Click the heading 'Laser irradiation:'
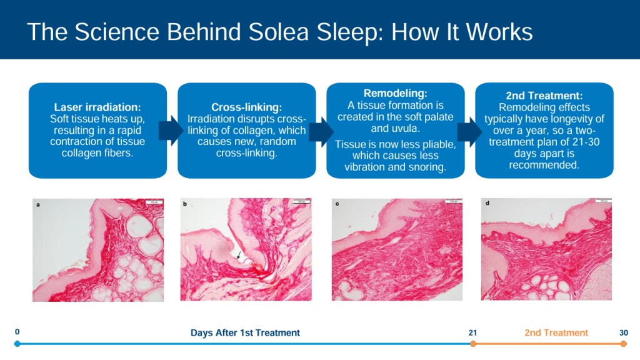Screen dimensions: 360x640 (x=97, y=107)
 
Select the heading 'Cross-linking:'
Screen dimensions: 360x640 (x=246, y=107)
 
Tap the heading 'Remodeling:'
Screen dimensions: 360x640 (x=395, y=93)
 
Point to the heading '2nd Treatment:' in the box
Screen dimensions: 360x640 (x=544, y=96)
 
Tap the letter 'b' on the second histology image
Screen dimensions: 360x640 (x=185, y=204)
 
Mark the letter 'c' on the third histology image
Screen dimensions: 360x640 (x=337, y=204)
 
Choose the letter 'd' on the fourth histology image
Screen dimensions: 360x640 (x=487, y=203)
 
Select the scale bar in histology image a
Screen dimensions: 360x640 (x=152, y=202)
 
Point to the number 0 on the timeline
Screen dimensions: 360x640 (x=17, y=332)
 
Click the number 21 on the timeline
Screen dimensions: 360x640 (x=472, y=332)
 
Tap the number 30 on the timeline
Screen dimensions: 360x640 (x=623, y=332)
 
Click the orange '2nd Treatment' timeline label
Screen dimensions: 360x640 (x=556, y=332)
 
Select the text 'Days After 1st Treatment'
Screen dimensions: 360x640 (x=245, y=332)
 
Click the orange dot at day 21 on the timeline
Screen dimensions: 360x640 (x=473, y=344)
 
